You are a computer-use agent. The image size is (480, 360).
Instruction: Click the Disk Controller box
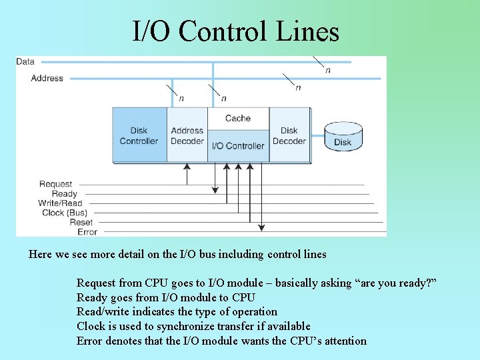139,135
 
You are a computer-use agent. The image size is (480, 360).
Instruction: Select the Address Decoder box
187,136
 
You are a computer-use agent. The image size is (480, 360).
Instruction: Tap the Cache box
238,118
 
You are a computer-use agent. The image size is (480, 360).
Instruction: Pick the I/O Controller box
238,146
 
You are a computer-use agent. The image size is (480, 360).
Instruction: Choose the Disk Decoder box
289,135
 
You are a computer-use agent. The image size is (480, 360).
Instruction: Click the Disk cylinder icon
343,136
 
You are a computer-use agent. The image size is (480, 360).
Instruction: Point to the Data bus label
25,61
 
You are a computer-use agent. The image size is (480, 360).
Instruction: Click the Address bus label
47,78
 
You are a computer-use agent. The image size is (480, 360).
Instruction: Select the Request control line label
55,184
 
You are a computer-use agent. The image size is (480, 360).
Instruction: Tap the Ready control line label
65,194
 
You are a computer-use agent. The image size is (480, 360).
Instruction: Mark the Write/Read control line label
60,203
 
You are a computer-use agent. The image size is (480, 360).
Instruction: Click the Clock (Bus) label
65,213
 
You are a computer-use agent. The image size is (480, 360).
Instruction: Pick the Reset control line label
81,223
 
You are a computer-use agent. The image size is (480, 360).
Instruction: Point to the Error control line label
87,232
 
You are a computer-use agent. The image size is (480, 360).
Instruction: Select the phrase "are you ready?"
397,283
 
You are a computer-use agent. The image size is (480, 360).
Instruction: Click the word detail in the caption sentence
142,254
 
